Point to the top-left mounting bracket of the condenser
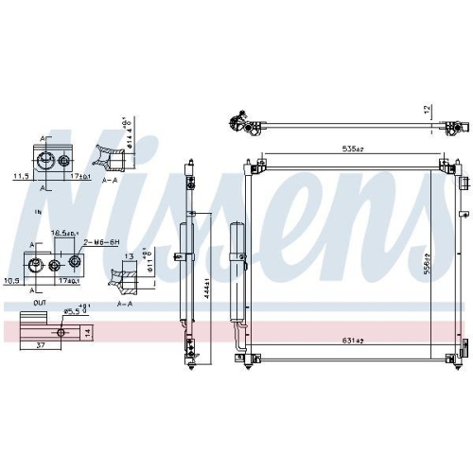click(x=255, y=166)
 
